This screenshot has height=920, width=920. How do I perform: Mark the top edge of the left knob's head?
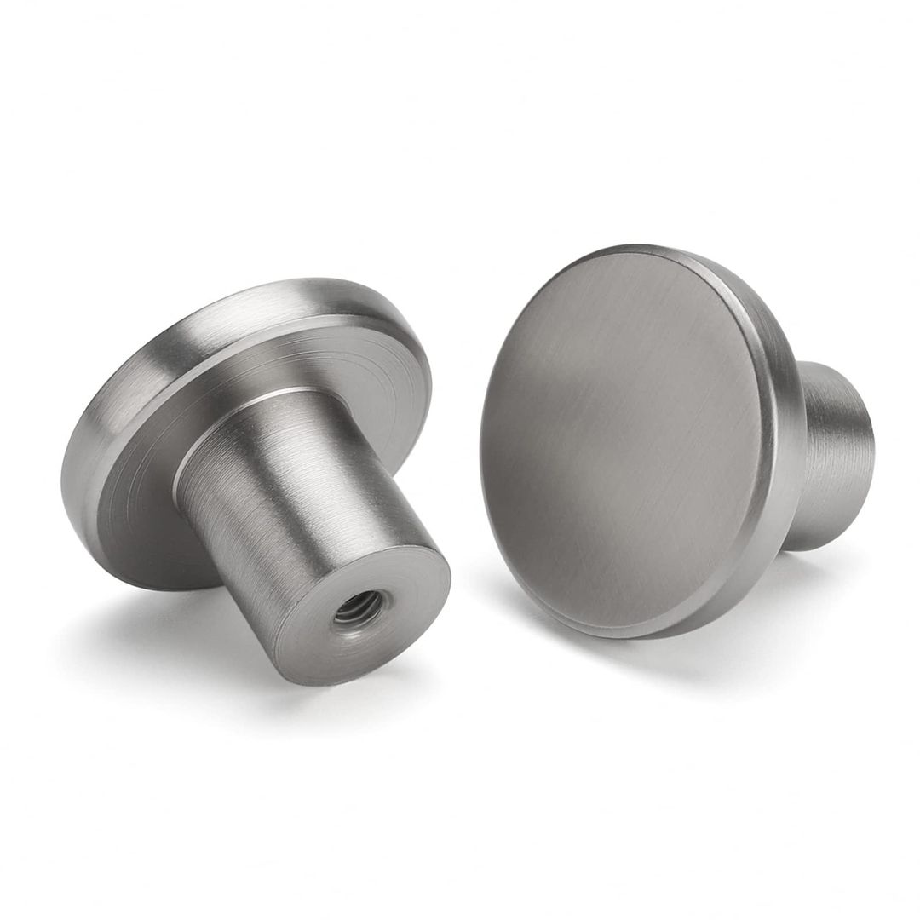[341, 280]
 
